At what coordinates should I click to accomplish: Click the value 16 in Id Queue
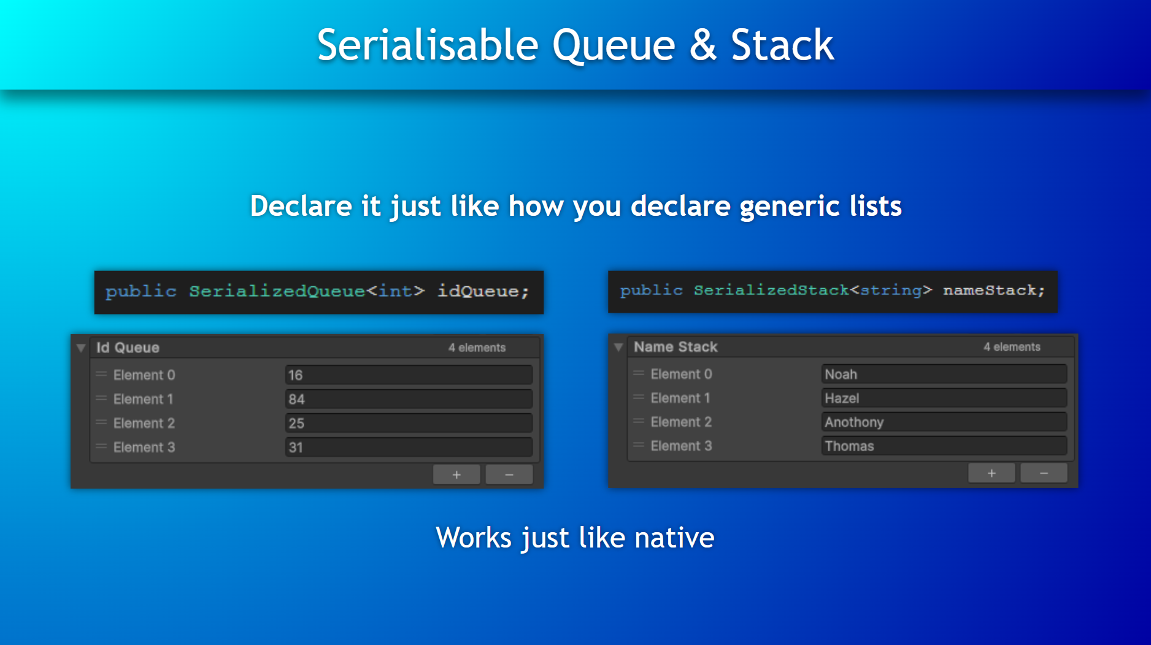(296, 375)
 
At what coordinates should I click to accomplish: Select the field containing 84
(409, 399)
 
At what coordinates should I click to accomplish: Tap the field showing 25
(409, 423)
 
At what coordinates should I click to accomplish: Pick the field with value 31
(409, 447)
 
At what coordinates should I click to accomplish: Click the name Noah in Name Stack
(841, 374)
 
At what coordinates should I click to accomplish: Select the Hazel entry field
(944, 398)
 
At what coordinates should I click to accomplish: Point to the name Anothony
(854, 422)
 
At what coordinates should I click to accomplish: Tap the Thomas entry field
(944, 446)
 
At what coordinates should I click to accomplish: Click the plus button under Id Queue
(456, 475)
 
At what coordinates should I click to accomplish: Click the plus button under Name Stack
(991, 473)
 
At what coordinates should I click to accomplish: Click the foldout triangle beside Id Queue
(81, 348)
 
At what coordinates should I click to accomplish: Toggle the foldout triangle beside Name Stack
(618, 348)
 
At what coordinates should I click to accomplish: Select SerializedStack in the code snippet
(771, 290)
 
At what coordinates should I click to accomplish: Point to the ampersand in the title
(703, 45)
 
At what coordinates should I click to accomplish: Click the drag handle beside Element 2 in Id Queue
(101, 422)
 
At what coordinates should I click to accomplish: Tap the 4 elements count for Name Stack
(1012, 347)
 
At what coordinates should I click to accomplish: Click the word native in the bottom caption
(674, 538)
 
